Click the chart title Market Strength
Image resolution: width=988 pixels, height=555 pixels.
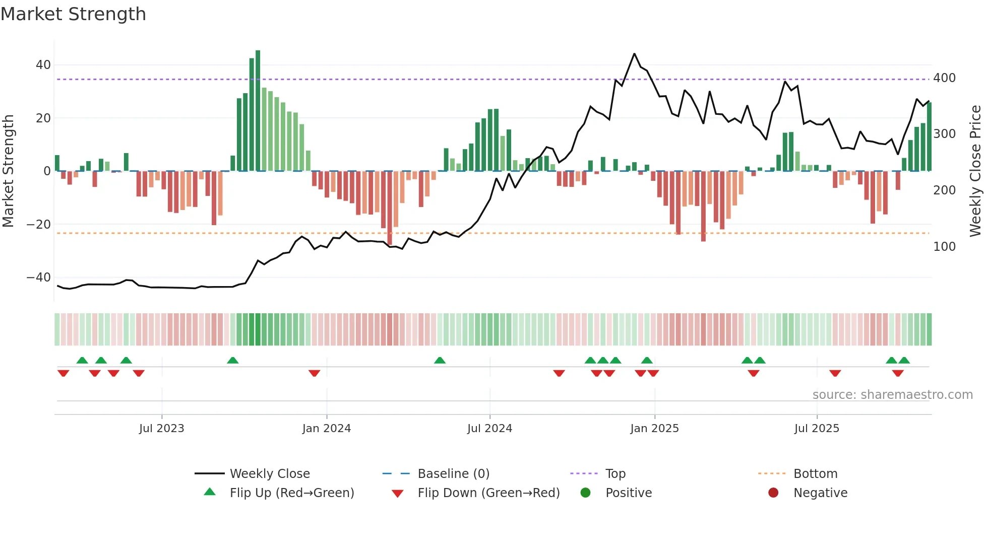(x=73, y=14)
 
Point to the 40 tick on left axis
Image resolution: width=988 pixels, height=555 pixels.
(x=43, y=65)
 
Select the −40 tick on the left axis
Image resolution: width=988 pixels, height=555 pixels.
(x=39, y=277)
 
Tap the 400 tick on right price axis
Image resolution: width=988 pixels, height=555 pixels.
(x=944, y=78)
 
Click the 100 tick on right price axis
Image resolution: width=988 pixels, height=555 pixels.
(x=944, y=247)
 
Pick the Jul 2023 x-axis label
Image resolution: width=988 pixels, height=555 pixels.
(x=161, y=429)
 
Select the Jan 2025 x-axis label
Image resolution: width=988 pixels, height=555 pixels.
(x=654, y=429)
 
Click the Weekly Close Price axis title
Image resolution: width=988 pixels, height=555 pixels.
(x=975, y=171)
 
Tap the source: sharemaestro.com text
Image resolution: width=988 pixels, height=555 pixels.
(x=892, y=395)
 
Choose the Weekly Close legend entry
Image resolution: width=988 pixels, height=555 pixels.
(x=270, y=474)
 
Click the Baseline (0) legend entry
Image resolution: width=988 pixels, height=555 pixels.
(x=453, y=474)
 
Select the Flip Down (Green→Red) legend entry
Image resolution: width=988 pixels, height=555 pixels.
(x=488, y=493)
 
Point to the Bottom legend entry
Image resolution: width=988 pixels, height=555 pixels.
(x=815, y=474)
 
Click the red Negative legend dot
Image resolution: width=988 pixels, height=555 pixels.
(x=773, y=493)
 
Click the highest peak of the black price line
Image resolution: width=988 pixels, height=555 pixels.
(x=634, y=54)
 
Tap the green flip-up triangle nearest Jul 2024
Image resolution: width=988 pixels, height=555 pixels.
(x=440, y=360)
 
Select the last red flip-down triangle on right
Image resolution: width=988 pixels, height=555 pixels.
(x=898, y=373)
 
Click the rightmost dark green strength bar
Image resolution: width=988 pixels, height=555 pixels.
(x=929, y=136)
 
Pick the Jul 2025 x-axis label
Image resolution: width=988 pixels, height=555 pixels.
(x=817, y=429)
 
